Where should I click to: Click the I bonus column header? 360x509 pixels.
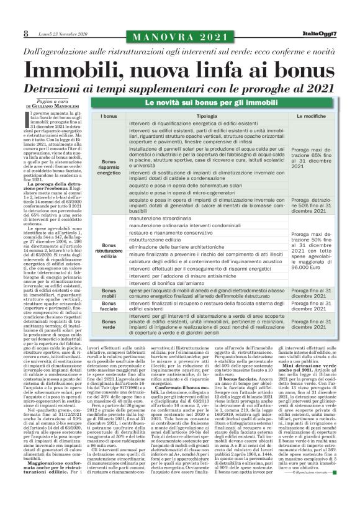coord(109,116)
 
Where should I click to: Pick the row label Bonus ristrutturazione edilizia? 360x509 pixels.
coord(109,251)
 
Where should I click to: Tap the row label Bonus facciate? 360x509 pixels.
coord(109,307)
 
